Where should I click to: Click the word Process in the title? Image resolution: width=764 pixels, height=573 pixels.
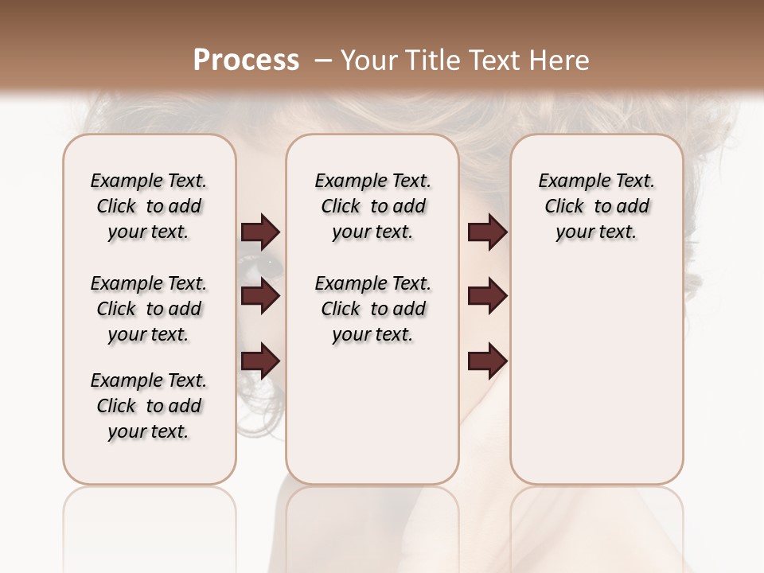[246, 60]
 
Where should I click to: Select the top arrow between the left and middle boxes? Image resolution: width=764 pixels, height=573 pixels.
[260, 232]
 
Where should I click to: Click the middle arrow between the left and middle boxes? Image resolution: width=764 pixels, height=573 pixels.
[260, 296]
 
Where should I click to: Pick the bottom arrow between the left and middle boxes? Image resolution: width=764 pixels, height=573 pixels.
[260, 361]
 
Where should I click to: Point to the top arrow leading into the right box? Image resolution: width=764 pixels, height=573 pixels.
[488, 232]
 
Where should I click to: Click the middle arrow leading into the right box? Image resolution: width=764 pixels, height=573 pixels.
[488, 296]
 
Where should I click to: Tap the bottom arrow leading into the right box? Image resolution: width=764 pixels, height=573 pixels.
[488, 361]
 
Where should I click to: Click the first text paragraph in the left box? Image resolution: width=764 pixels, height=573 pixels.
[149, 206]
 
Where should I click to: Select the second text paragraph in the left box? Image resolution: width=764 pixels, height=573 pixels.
[149, 309]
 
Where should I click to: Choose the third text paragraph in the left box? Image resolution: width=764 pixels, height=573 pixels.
[149, 406]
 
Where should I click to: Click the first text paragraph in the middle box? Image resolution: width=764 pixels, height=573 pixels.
[372, 206]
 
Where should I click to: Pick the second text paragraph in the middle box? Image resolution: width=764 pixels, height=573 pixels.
[372, 309]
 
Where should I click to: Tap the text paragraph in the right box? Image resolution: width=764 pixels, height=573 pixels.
[596, 206]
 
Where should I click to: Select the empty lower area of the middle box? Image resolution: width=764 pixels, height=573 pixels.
[372, 414]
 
